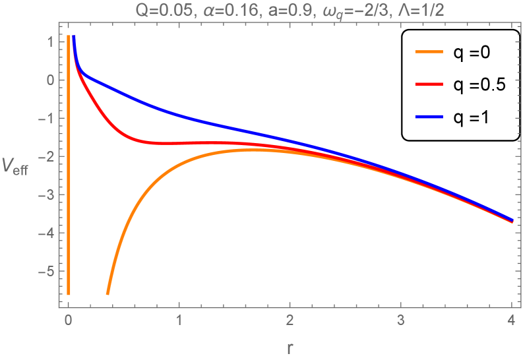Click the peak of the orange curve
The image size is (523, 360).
251,150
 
